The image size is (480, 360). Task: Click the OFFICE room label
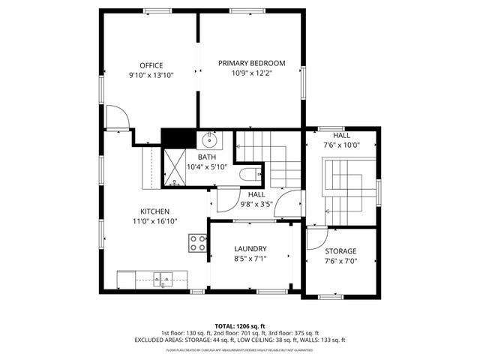pos(151,65)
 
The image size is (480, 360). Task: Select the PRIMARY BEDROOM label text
pos(252,63)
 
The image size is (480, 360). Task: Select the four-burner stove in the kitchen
pos(198,242)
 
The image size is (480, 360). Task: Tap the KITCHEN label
pos(154,211)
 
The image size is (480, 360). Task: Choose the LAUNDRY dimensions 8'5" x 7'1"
pos(250,259)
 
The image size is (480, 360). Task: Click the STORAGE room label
pos(340,251)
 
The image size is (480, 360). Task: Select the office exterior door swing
pos(117,118)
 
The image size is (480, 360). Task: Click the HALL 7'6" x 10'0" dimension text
pos(341,145)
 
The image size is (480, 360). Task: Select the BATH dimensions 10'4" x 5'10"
pos(206,166)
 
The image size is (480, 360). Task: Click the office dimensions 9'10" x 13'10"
pos(151,75)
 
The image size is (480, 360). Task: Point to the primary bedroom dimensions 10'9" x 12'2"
pos(252,73)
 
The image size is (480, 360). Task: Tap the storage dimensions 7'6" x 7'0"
pos(340,261)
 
